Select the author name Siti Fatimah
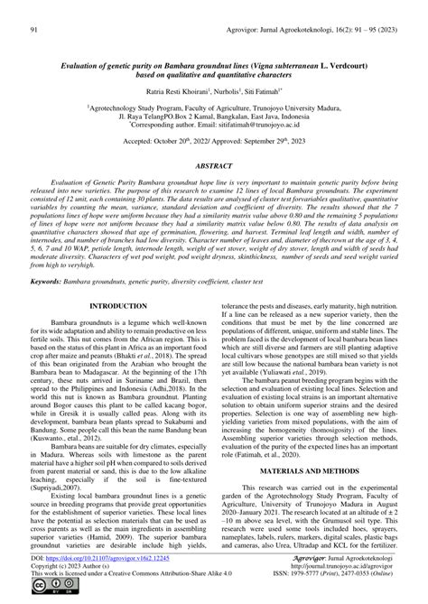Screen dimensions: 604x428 click(x=261, y=90)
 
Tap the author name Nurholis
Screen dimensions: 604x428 click(x=221, y=90)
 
